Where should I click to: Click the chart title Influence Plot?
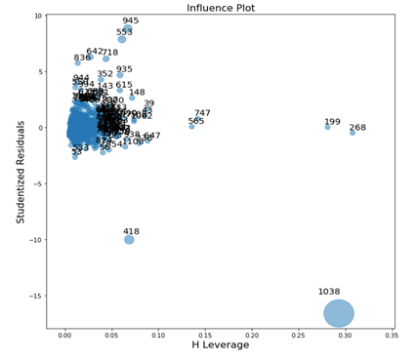[220, 7]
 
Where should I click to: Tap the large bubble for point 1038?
[339, 313]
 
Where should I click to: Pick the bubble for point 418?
[129, 239]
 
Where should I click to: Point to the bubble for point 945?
[128, 29]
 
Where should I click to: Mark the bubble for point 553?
[122, 39]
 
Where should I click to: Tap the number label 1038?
[329, 292]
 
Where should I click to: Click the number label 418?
[131, 231]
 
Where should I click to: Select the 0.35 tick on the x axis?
[392, 334]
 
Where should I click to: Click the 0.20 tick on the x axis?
[252, 334]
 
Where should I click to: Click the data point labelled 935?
[120, 74]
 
